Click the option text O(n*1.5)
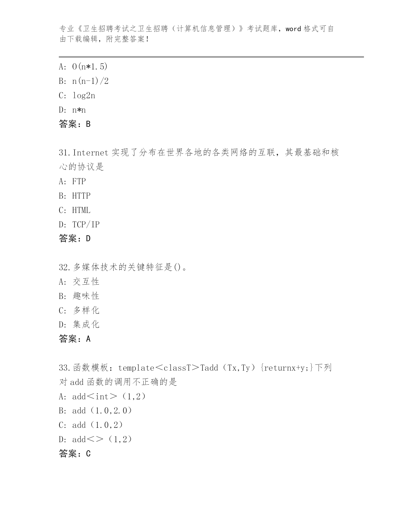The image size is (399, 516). coord(90,67)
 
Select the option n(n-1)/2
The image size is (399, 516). coord(90,81)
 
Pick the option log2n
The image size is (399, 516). coord(84,95)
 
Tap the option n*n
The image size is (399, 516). coord(79,110)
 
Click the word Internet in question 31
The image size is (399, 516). coord(90,153)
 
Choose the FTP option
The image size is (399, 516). coord(79,181)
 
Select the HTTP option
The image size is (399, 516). coord(81,196)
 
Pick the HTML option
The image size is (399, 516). coord(81,210)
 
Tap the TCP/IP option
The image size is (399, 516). coord(86,225)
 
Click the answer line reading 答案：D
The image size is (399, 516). coord(75,239)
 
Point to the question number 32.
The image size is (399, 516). coord(64,267)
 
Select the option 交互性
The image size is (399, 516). coord(86,282)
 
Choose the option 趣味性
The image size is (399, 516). coord(86,296)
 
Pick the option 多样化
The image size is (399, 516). coord(86,310)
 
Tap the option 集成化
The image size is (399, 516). coord(86,324)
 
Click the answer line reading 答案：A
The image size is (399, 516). coord(75,339)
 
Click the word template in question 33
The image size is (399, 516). coord(136,368)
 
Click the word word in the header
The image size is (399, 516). coord(293,29)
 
